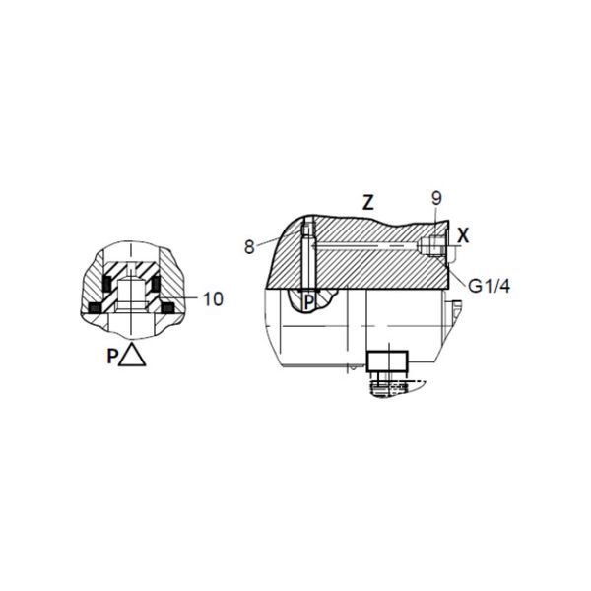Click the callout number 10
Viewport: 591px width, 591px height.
(213, 299)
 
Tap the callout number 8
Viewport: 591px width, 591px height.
(249, 247)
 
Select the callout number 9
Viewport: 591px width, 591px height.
(436, 198)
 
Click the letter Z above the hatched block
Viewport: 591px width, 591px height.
(367, 202)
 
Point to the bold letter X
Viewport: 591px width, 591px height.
(463, 236)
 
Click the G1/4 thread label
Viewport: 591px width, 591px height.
(489, 286)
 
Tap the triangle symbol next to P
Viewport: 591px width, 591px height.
(132, 354)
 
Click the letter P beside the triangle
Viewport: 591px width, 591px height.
(112, 357)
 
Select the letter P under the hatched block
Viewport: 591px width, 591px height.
(309, 302)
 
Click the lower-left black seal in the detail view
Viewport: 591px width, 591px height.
(95, 308)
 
